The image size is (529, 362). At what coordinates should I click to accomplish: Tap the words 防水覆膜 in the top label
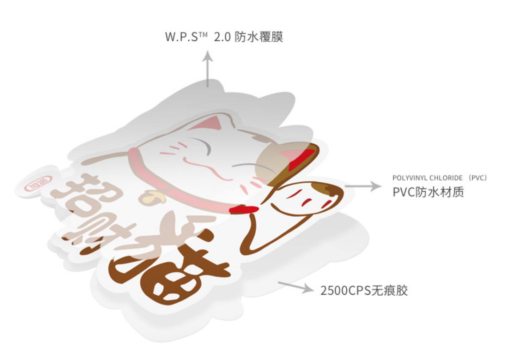tap(259, 37)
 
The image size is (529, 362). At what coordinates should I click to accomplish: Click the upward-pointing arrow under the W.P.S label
tap(208, 69)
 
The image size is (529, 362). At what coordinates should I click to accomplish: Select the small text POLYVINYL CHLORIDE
tap(427, 178)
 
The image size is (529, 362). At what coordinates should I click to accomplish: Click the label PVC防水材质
tap(428, 192)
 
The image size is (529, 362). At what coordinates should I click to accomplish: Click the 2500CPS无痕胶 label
tap(364, 290)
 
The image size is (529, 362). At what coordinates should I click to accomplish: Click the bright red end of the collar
tap(243, 210)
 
